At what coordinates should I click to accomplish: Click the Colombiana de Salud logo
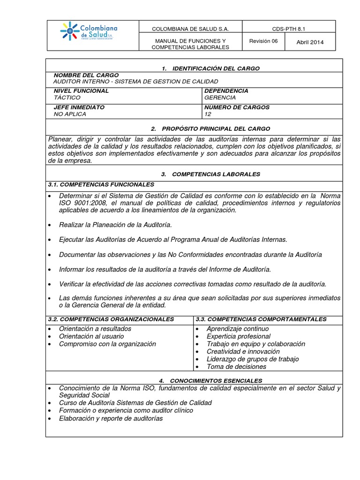pos(89,31)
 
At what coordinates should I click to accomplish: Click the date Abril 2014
pos(310,43)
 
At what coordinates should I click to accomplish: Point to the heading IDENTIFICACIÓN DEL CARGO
pos(216,68)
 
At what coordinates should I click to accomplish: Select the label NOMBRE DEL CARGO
pos(86,75)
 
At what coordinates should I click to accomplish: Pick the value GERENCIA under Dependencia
pos(220,97)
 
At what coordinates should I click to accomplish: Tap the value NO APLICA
pos(70,114)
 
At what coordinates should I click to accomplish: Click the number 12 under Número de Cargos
pos(208,114)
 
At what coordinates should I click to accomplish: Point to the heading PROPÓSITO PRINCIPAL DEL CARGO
pos(216,128)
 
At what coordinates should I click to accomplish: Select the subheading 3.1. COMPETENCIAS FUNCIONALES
pos(101,184)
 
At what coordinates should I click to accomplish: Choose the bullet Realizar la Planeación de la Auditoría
pos(115,225)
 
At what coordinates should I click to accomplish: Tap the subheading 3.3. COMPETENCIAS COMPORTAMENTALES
pos(261,319)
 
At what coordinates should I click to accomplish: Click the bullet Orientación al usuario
pos(91,336)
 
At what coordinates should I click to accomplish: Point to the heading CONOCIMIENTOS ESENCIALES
pos(216,381)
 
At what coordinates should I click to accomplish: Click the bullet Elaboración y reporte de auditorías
pos(111,418)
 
